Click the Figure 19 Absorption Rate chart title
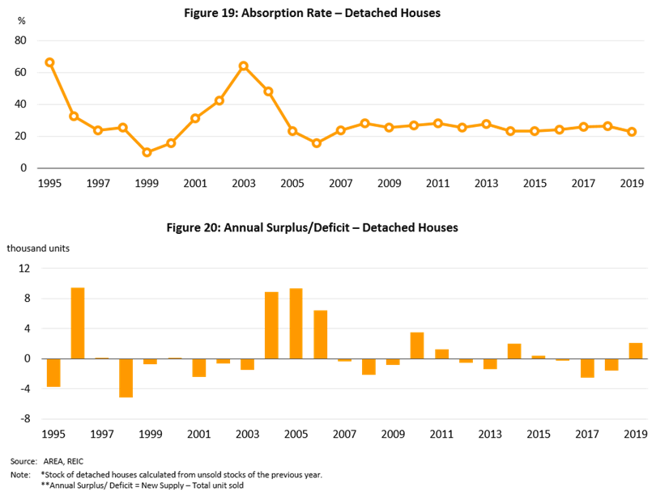pyautogui.click(x=327, y=15)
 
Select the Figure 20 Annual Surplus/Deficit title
pyautogui.click(x=313, y=228)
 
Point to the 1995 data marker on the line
pyautogui.click(x=49, y=62)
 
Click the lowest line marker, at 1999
pyautogui.click(x=147, y=152)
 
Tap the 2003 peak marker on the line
pyautogui.click(x=243, y=66)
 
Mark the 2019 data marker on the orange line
pyautogui.click(x=632, y=131)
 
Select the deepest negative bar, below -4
pyautogui.click(x=126, y=378)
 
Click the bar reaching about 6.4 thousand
pyautogui.click(x=321, y=334)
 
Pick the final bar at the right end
pyautogui.click(x=635, y=350)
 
